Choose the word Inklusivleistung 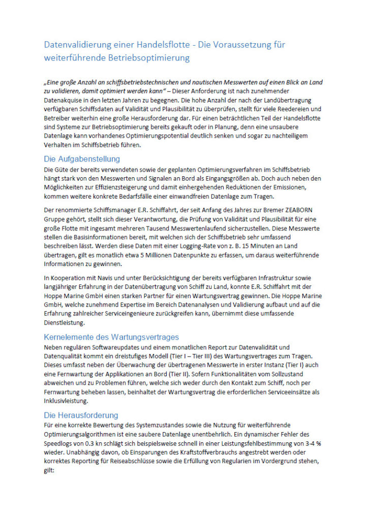point(68,401)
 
